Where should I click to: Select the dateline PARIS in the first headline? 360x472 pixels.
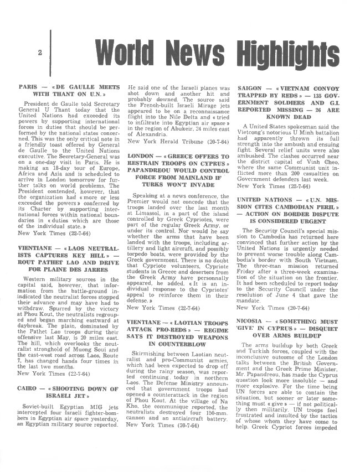coord(28,87)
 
